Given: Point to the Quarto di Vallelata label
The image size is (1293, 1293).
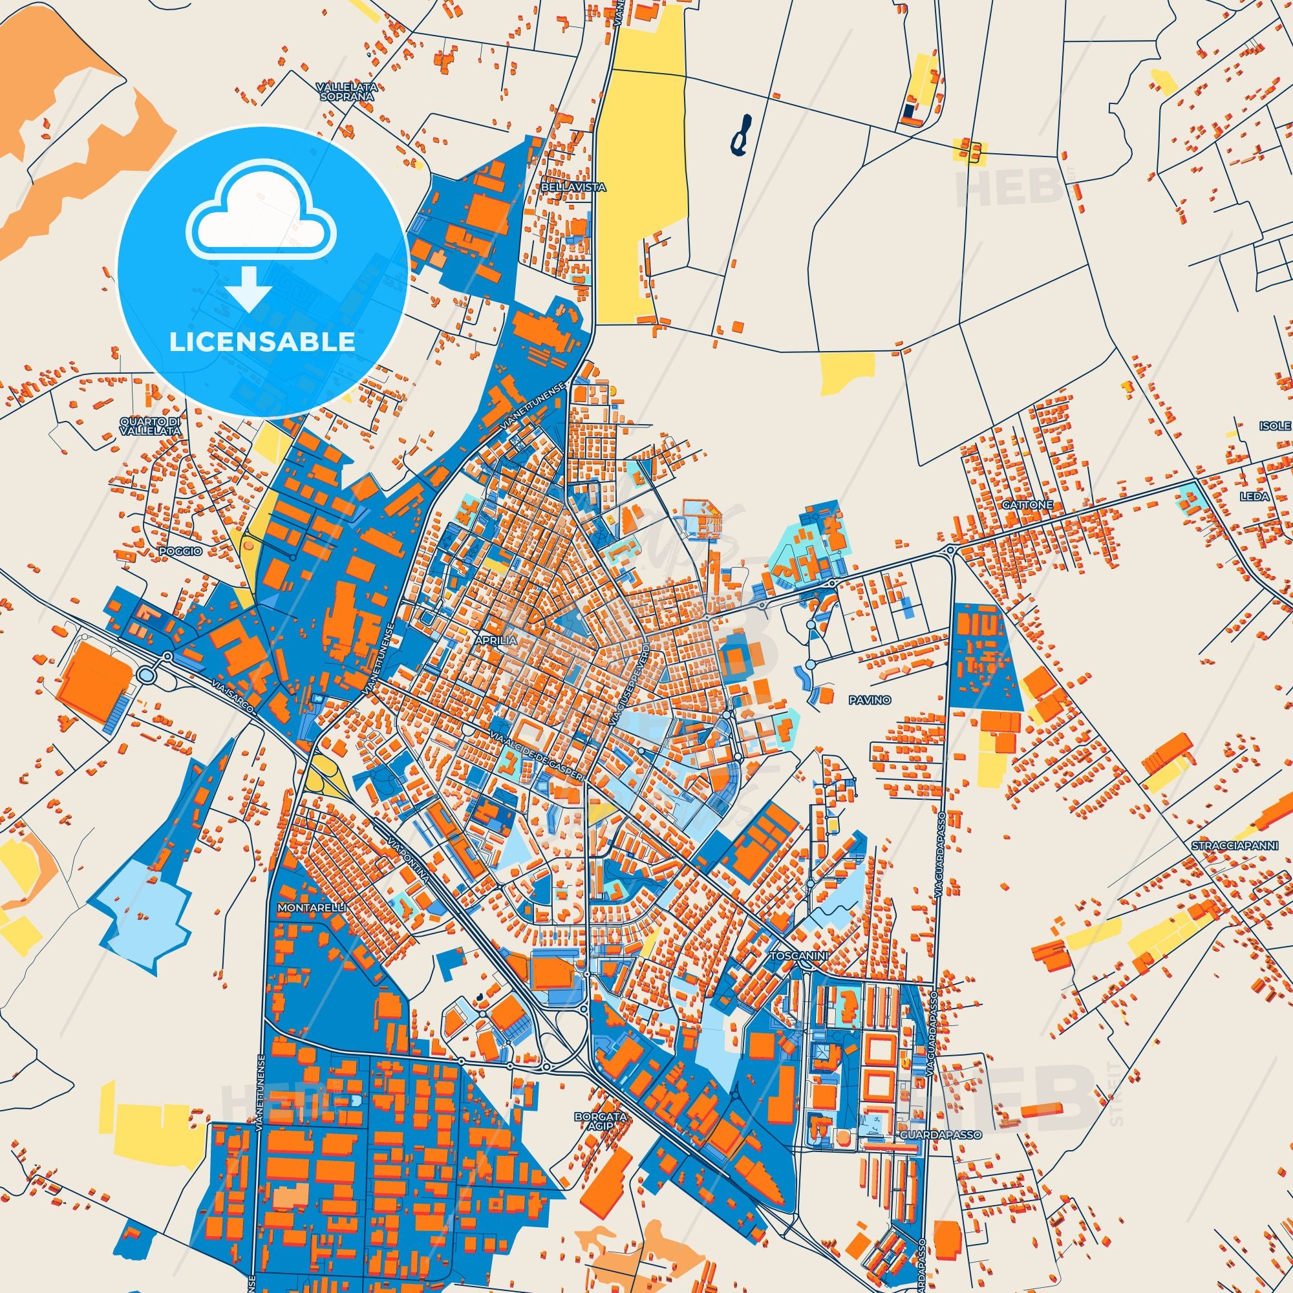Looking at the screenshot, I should tap(151, 426).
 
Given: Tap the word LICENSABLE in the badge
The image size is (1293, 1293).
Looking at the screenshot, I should tap(262, 342).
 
